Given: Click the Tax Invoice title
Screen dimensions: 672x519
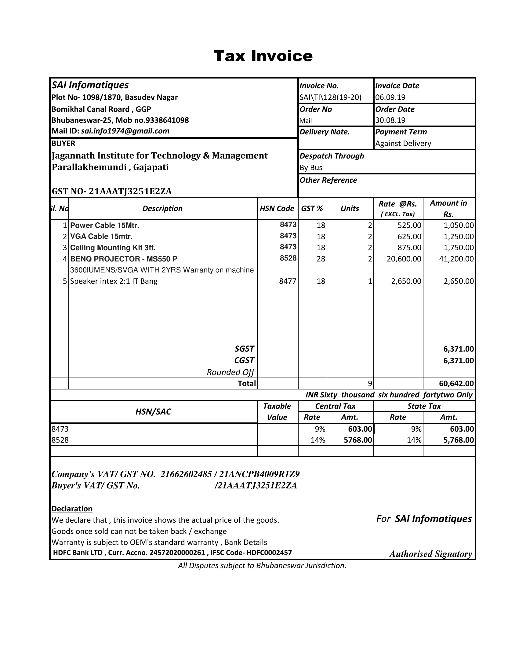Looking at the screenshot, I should tap(263, 56).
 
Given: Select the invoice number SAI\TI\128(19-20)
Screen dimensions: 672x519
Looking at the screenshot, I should tap(331, 97).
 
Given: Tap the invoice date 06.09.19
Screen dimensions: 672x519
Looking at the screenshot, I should tap(390, 97).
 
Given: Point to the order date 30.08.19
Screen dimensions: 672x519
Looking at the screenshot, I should tap(390, 120).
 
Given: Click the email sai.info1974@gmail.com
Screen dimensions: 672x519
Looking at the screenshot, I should tap(125, 131).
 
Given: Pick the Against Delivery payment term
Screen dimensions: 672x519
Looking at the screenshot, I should tap(403, 144).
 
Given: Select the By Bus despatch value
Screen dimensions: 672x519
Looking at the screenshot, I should tap(311, 168).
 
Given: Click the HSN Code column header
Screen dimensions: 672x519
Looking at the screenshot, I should tap(277, 209).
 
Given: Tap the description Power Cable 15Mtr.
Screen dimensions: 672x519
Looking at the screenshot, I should tap(104, 225).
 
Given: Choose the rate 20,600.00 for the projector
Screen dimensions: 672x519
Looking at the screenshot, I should tap(404, 259).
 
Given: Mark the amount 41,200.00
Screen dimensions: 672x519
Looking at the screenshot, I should tap(456, 259).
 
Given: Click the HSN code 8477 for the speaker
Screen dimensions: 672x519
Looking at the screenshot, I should tap(288, 281).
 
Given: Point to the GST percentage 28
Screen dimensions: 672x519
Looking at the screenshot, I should tap(321, 259).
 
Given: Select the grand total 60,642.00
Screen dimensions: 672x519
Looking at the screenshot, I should tap(456, 384).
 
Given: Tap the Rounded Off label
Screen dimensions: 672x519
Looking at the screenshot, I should tap(230, 372).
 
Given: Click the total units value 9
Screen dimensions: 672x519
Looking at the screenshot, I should tap(370, 384).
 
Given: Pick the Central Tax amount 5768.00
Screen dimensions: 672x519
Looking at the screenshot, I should tap(357, 440).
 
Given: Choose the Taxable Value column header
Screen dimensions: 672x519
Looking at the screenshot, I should tap(277, 412).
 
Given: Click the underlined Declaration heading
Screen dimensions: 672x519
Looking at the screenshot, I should tap(72, 509).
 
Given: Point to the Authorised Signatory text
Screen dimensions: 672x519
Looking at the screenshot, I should tap(430, 554).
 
